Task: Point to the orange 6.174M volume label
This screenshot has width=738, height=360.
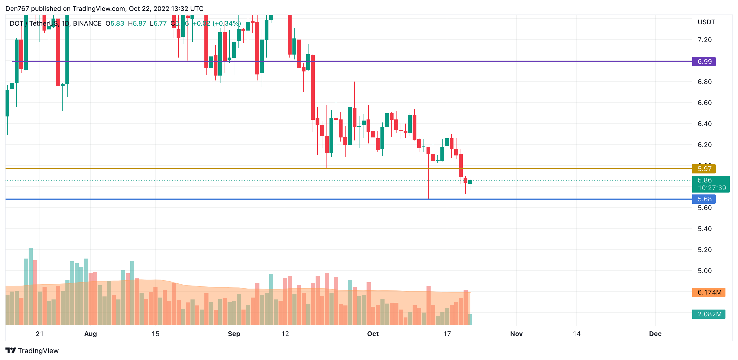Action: pyautogui.click(x=709, y=292)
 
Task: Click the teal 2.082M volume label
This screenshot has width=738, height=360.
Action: pyautogui.click(x=709, y=314)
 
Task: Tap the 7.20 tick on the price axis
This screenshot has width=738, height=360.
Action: pyautogui.click(x=704, y=40)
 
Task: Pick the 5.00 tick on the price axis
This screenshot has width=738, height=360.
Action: pyautogui.click(x=704, y=271)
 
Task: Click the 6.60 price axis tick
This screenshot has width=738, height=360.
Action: pyautogui.click(x=704, y=103)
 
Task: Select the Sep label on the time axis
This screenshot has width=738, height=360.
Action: pyautogui.click(x=234, y=334)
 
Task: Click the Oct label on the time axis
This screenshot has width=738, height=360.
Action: pyautogui.click(x=373, y=334)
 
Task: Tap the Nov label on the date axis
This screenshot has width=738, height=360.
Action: pyautogui.click(x=516, y=334)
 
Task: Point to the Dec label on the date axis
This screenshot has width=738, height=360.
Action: pyautogui.click(x=655, y=334)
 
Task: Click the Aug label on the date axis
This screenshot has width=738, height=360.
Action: pyautogui.click(x=90, y=334)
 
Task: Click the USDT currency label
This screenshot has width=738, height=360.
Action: pyautogui.click(x=706, y=22)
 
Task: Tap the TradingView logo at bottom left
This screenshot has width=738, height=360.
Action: pyautogui.click(x=32, y=350)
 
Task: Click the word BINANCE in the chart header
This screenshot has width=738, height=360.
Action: pyautogui.click(x=87, y=23)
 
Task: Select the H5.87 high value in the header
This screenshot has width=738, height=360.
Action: pyautogui.click(x=137, y=23)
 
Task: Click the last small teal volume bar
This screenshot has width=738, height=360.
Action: pyautogui.click(x=470, y=320)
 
